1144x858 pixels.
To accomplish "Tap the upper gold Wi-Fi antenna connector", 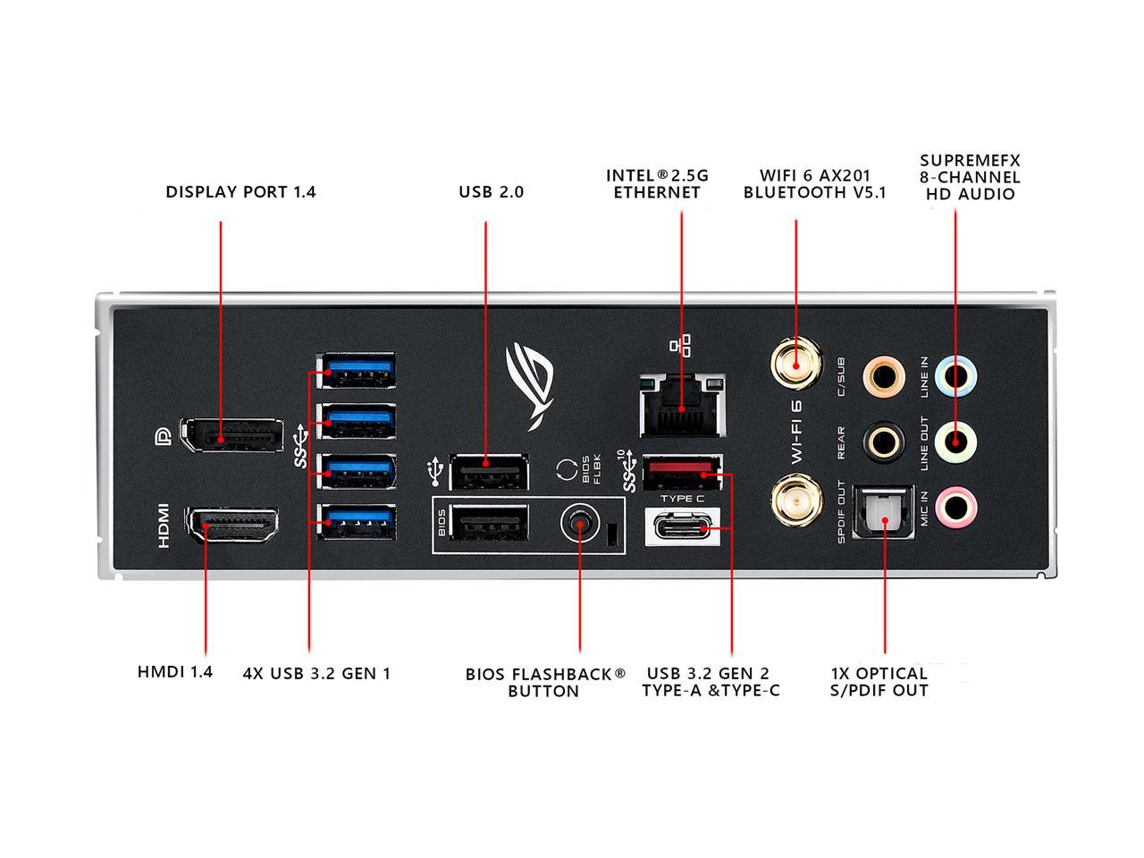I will pyautogui.click(x=795, y=364).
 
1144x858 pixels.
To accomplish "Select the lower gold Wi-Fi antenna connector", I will pyautogui.click(x=795, y=501).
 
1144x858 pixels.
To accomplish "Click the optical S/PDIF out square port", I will pyautogui.click(x=884, y=514).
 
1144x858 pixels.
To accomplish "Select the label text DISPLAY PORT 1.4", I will pyautogui.click(x=240, y=192).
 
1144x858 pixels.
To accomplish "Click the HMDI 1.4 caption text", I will pyautogui.click(x=175, y=671).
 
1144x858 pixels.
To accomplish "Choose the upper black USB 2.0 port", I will pyautogui.click(x=489, y=471).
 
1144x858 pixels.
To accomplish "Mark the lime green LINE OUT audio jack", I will pyautogui.click(x=956, y=441).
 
